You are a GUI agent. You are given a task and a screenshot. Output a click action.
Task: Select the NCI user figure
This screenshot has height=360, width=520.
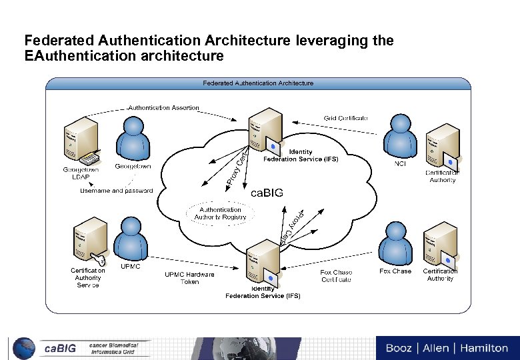[401, 137]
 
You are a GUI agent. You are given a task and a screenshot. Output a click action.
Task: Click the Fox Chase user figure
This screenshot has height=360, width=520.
[395, 244]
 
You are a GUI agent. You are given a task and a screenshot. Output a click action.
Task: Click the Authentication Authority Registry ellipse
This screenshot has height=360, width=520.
[220, 213]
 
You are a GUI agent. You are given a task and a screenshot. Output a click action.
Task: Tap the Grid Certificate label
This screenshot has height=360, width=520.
[346, 118]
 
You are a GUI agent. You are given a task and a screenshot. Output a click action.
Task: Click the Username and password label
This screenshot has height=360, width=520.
[117, 191]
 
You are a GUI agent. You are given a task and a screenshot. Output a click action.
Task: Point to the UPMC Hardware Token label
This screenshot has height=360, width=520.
[190, 278]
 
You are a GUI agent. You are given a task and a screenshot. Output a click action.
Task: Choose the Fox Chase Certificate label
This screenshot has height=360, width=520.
[336, 276]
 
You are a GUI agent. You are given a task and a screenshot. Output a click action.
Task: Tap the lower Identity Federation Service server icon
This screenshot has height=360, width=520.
[261, 263]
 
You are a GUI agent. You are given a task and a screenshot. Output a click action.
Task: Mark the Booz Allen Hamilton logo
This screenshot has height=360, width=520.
[446, 348]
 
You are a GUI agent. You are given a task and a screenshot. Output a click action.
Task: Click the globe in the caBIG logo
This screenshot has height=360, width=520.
[24, 348]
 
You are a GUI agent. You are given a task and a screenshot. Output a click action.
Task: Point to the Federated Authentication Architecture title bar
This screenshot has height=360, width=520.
[258, 83]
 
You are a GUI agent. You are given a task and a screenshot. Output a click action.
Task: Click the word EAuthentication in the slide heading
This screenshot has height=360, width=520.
[72, 56]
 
